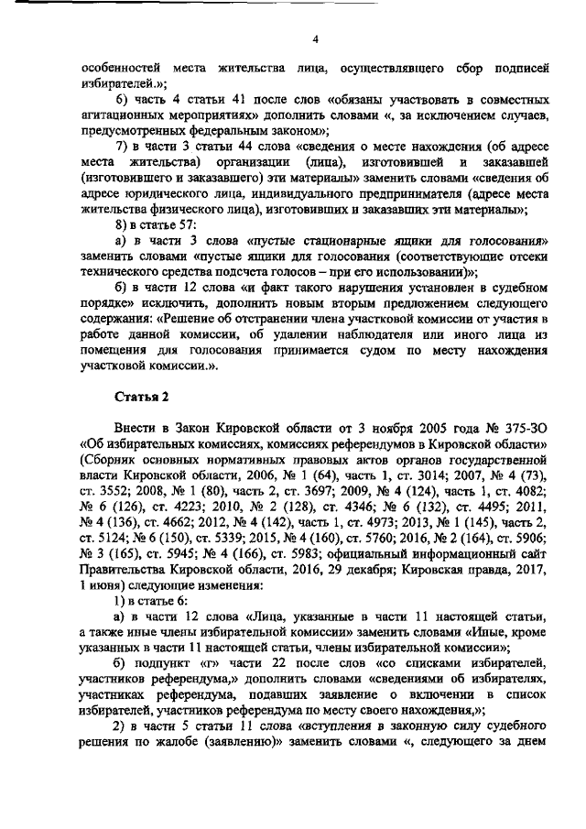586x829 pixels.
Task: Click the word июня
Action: (110, 590)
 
